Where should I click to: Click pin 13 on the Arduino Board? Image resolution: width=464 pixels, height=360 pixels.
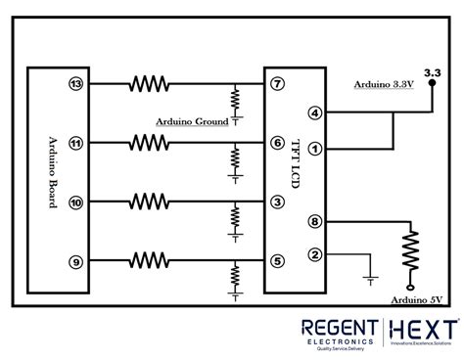tap(75, 84)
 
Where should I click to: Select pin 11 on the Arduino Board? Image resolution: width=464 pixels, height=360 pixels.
tap(75, 143)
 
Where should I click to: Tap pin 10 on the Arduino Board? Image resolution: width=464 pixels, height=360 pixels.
tap(75, 202)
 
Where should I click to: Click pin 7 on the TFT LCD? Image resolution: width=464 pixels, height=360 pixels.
tap(278, 84)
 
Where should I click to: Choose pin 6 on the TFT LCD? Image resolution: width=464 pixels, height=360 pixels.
tap(278, 143)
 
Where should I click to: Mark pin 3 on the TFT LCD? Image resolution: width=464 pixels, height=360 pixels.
tap(278, 202)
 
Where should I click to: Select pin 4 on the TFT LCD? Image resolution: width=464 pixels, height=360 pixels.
tap(314, 113)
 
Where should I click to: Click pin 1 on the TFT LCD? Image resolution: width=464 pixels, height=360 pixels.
tap(314, 148)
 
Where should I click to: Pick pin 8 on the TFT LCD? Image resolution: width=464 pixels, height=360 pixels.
tap(314, 222)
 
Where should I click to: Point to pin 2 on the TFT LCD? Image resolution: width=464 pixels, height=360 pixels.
tap(314, 255)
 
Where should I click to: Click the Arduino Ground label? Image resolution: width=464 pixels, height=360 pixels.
tap(192, 122)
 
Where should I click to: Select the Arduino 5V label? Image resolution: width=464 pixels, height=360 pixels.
tap(416, 299)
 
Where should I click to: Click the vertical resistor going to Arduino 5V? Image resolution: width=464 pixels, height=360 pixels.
tap(410, 251)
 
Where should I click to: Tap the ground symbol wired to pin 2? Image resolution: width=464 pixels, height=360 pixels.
tap(369, 277)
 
